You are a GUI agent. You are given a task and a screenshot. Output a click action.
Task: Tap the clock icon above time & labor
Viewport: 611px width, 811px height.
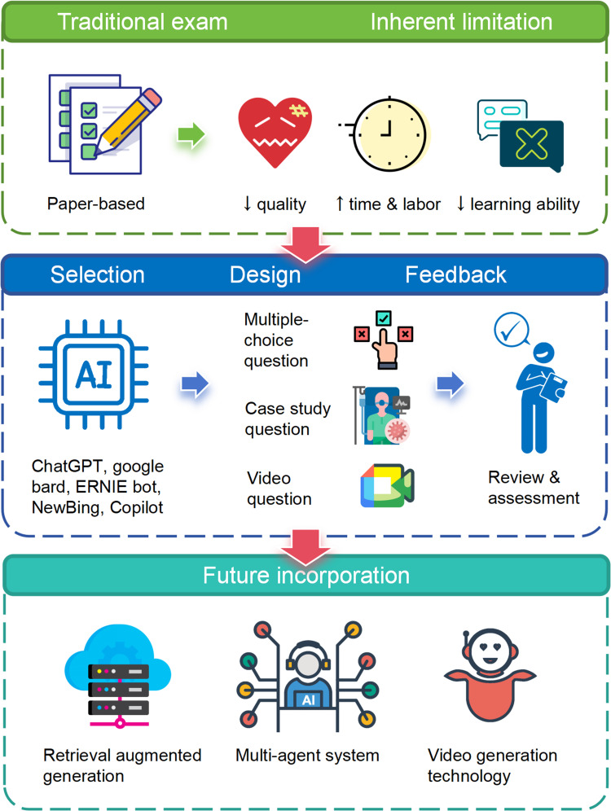387,134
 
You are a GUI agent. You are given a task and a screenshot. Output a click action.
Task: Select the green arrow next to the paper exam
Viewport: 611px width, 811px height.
191,135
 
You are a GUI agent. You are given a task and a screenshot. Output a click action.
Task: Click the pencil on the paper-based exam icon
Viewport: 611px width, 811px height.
128,122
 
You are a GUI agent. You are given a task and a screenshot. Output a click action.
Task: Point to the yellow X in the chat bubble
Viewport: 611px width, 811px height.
531,143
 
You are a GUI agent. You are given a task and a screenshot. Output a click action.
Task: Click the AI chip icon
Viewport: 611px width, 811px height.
94,374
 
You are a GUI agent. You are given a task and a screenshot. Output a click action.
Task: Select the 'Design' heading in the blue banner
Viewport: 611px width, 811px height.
265,274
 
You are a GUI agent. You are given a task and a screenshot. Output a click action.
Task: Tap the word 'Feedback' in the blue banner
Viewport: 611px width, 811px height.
455,274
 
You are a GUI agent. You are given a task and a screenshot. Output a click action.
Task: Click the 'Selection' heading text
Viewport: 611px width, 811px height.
97,274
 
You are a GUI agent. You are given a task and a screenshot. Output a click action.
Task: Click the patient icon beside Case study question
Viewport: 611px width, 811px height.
382,415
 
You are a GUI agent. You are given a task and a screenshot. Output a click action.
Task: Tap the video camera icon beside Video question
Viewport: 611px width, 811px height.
388,485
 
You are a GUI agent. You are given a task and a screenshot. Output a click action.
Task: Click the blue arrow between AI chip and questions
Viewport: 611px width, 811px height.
195,385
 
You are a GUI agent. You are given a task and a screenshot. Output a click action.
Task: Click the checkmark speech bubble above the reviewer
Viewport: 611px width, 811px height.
512,330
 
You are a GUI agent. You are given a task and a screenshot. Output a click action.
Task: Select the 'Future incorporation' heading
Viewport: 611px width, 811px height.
306,575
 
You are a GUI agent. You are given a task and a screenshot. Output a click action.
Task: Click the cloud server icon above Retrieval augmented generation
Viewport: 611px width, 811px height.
118,676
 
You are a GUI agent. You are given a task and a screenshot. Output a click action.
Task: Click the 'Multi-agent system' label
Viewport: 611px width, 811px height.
307,755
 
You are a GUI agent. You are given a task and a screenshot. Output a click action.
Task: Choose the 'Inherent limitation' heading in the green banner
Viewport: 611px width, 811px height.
461,22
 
